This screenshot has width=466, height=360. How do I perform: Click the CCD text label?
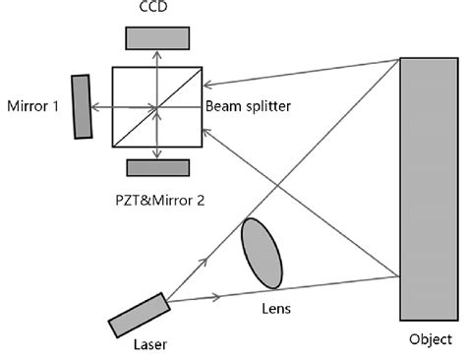point(156,9)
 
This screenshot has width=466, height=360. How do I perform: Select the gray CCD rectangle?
point(156,36)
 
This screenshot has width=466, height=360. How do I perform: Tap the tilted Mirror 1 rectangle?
point(83,105)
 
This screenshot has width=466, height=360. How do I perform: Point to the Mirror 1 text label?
point(35,105)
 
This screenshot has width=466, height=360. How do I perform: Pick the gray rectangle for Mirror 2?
point(157,167)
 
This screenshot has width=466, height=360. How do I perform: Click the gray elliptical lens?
point(262,254)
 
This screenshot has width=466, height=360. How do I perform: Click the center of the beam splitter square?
point(157,106)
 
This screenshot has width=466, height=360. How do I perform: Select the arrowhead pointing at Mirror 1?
point(96,106)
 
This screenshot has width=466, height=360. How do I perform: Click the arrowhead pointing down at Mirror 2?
point(157,154)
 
